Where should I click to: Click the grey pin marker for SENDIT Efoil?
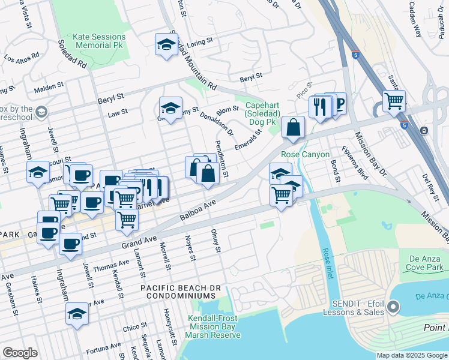(393, 308)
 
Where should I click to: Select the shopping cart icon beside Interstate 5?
(394, 102)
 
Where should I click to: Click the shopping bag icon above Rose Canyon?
(292, 128)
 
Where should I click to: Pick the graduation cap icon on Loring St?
(166, 45)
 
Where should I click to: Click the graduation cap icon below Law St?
(170, 109)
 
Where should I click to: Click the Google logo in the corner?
(20, 353)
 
